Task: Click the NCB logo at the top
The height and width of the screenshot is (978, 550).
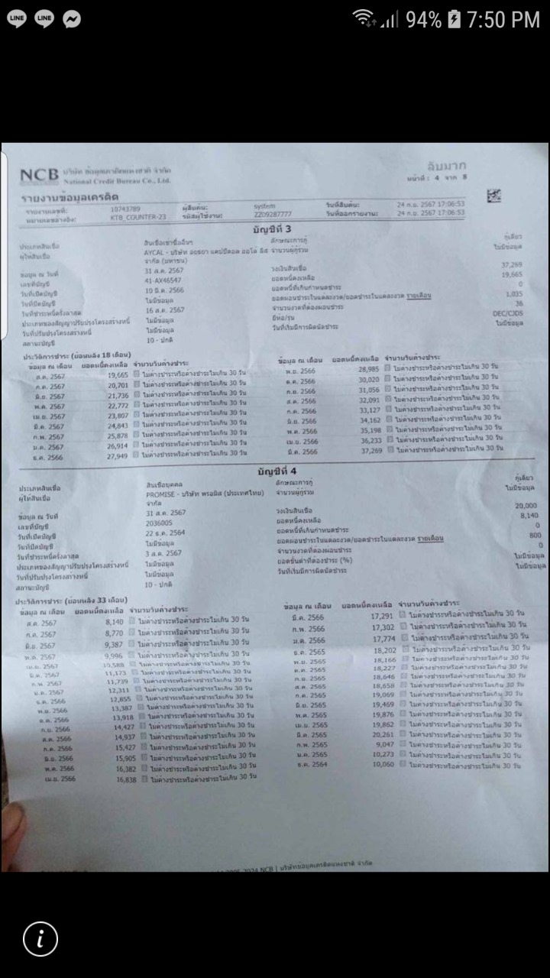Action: [38, 175]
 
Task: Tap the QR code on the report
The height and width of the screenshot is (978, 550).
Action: [493, 196]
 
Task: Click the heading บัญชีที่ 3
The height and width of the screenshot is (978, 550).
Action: [274, 230]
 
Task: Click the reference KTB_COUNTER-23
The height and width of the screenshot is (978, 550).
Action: [137, 217]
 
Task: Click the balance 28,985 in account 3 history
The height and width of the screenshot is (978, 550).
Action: [368, 369]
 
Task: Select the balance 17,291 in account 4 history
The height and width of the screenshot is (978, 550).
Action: [381, 616]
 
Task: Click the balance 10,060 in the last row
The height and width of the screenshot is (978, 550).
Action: [382, 764]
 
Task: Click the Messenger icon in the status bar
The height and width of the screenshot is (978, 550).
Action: [72, 19]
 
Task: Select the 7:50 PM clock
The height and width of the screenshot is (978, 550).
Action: [503, 20]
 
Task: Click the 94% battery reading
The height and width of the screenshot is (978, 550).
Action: [424, 20]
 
